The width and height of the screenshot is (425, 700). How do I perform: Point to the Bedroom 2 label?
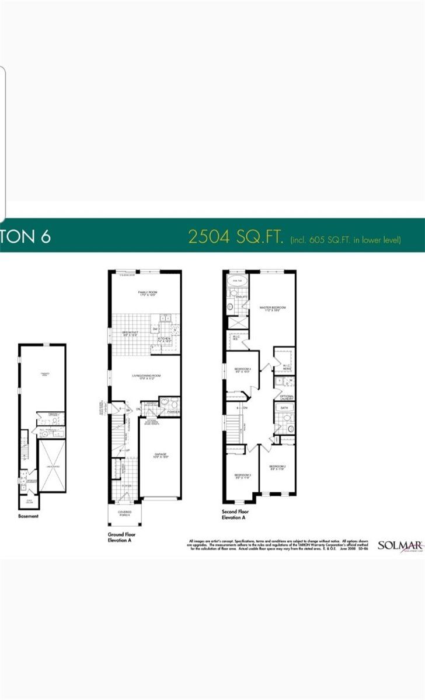point(277,468)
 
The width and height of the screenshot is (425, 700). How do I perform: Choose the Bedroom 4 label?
point(242,370)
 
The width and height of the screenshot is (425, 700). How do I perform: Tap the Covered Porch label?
point(124,513)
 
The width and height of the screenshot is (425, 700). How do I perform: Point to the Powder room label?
point(173,412)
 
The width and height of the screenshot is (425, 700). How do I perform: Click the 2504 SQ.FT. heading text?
point(235,236)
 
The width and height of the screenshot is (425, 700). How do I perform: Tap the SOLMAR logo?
point(400,545)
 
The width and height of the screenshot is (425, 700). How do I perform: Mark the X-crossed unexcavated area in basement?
point(52,466)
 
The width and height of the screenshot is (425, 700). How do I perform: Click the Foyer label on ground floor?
point(127,485)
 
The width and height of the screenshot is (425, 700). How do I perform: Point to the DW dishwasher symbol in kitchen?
point(155,330)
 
